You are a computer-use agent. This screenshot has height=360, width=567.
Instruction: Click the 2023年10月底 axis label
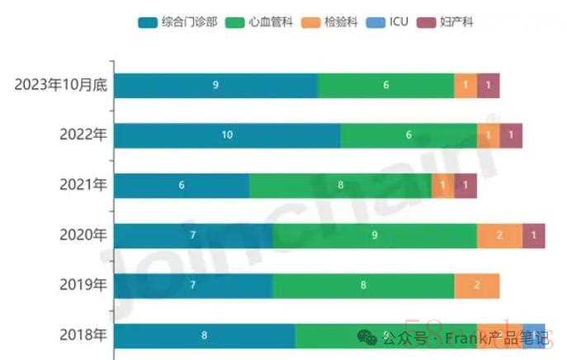click(x=60, y=85)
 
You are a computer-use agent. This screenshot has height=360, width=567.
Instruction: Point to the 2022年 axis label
click(x=83, y=135)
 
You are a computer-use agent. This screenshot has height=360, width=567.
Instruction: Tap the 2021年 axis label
click(x=83, y=185)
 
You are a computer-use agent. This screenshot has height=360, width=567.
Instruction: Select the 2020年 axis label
click(x=83, y=235)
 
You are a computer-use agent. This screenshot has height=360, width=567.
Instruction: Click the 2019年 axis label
click(x=83, y=286)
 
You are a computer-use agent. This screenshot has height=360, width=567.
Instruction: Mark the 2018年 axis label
click(x=83, y=335)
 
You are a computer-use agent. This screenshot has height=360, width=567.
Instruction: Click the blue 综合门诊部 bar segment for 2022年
click(x=227, y=135)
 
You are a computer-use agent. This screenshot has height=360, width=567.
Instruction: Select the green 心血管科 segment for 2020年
click(x=374, y=235)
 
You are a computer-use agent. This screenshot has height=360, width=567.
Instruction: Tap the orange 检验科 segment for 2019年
click(x=476, y=286)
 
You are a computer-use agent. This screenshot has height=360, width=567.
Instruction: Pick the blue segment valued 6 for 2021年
click(x=182, y=185)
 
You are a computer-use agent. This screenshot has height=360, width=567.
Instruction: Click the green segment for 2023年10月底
click(x=385, y=85)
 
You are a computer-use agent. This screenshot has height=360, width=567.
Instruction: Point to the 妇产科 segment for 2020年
click(x=533, y=235)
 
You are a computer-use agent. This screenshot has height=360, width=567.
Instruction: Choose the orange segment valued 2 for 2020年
click(x=499, y=235)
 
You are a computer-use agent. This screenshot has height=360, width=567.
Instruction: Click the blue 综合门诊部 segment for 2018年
click(x=204, y=335)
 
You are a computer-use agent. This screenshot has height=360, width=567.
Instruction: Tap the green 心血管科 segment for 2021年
click(x=340, y=185)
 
